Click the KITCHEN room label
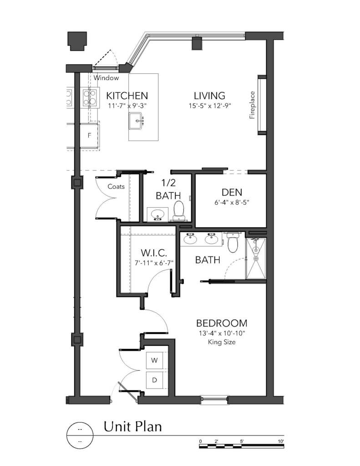127,96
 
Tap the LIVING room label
209,96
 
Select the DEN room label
232,192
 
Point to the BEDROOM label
222,323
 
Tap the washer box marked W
154,360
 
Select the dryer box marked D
154,379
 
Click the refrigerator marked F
90,135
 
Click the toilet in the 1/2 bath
178,211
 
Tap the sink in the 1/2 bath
158,214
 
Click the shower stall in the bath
255,258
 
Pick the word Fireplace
252,105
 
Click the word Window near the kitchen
106,78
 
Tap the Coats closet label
116,186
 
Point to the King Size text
222,342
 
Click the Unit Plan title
132,427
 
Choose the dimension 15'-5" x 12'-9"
209,106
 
